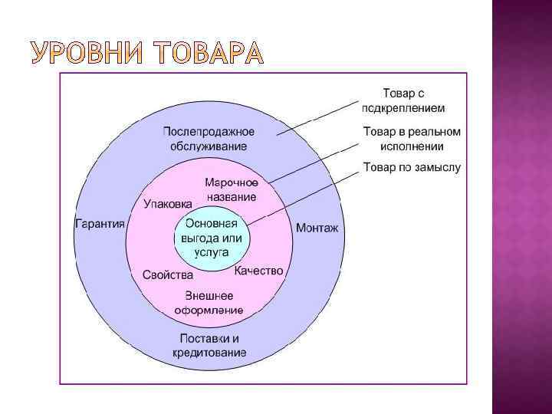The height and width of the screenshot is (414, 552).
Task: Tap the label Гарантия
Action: click(x=100, y=224)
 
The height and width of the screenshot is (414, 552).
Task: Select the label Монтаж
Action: click(x=317, y=228)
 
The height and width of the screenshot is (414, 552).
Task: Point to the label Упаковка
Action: click(x=168, y=204)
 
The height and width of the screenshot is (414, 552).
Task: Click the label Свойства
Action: click(x=166, y=274)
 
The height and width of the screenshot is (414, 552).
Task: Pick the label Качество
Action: click(x=258, y=271)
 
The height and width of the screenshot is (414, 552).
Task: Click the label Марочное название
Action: click(x=231, y=189)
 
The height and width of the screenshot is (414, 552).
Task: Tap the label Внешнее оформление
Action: click(x=209, y=303)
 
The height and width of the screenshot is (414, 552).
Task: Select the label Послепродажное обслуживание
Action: click(x=209, y=138)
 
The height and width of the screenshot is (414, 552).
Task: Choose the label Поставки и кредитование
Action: click(x=209, y=346)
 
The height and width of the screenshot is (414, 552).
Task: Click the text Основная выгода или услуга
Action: click(x=212, y=238)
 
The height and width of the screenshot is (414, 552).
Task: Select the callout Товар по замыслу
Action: click(x=412, y=167)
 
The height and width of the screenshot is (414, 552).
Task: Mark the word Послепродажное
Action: click(x=209, y=131)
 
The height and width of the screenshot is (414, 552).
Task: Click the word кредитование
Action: click(x=209, y=353)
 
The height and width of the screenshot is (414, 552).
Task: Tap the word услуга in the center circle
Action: click(x=211, y=253)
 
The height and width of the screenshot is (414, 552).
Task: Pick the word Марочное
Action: click(x=231, y=182)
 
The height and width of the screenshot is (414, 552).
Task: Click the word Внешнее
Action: click(x=209, y=296)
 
